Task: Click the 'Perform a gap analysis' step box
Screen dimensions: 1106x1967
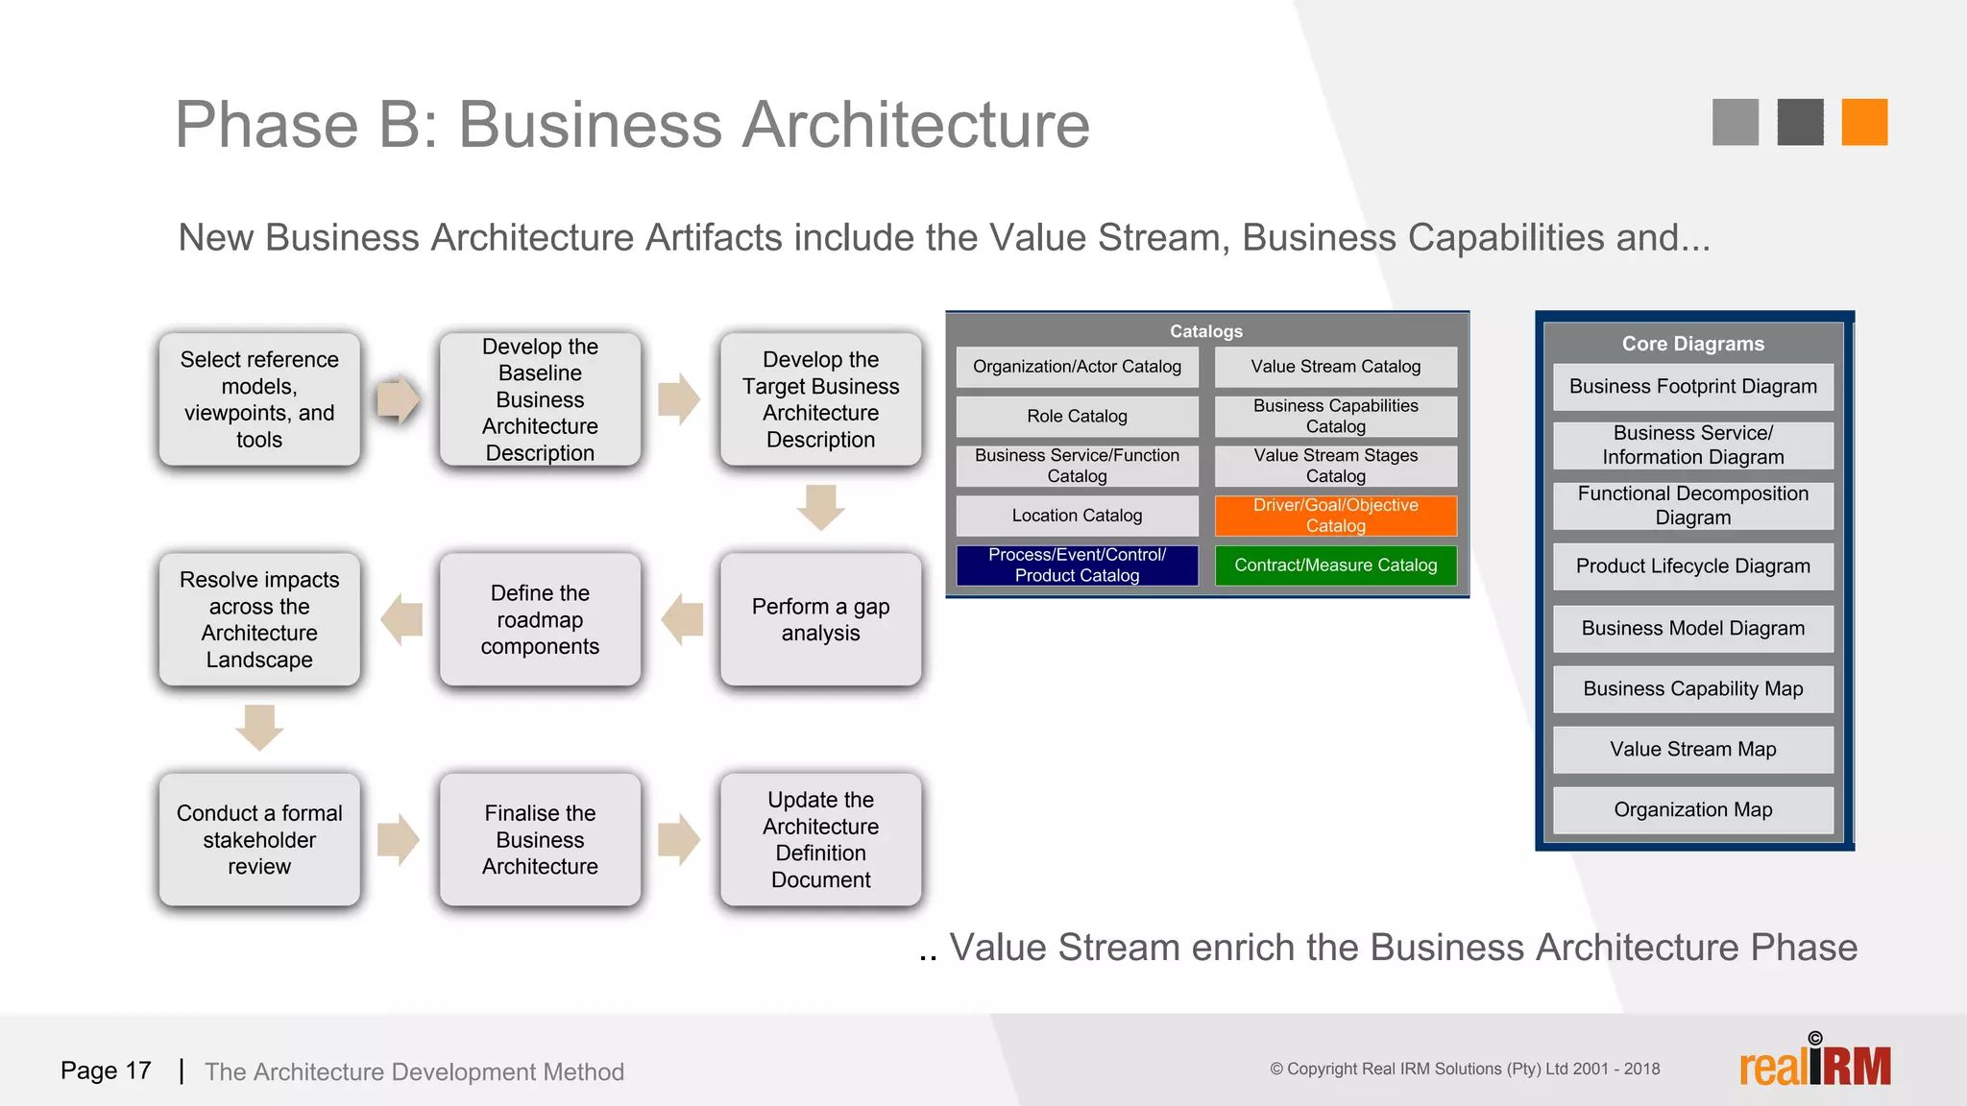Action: pos(820,619)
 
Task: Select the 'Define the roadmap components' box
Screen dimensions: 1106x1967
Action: pos(540,619)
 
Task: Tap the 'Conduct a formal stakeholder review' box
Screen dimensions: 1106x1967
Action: pos(259,839)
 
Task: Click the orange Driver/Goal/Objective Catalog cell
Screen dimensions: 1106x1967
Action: pos(1335,516)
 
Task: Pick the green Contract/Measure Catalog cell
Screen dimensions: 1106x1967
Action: pos(1335,565)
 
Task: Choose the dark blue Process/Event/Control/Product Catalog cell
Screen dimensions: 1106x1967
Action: pos(1077,565)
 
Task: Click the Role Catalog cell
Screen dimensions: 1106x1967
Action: pos(1077,416)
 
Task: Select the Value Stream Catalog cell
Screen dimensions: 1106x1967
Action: pos(1335,367)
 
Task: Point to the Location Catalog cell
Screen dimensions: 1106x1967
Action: pos(1077,516)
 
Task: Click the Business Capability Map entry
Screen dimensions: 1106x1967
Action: pos(1692,688)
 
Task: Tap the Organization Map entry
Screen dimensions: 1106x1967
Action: pos(1692,809)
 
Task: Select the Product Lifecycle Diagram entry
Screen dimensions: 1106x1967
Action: pos(1692,566)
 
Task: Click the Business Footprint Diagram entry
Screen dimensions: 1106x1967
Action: pos(1692,387)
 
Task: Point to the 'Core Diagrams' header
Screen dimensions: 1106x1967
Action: pos(1692,344)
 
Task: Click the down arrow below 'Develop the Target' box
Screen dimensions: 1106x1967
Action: pos(820,507)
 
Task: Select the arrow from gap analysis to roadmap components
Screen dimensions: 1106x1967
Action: pos(682,619)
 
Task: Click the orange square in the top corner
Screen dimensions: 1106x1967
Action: pos(1864,122)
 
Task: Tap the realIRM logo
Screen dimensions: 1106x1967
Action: pos(1814,1064)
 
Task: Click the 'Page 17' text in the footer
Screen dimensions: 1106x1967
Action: pos(106,1070)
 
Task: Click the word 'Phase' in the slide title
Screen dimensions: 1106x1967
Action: pos(267,125)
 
